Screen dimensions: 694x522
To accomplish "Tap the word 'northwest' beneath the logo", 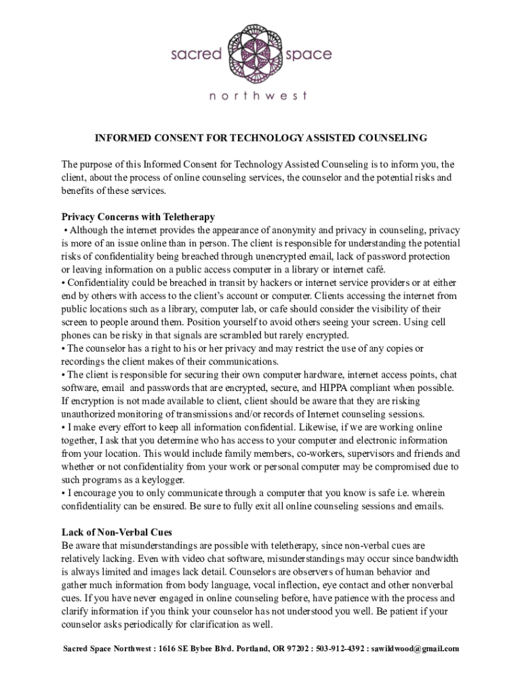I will click(259, 96).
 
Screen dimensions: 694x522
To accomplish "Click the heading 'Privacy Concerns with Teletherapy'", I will click(138, 217).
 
